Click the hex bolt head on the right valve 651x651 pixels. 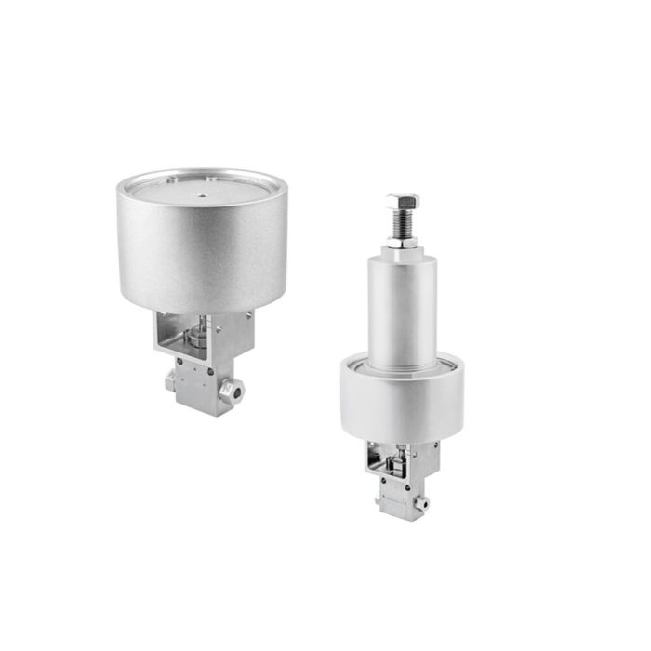[x=402, y=201]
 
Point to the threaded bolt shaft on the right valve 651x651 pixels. [x=402, y=223]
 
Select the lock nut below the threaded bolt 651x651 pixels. [x=402, y=241]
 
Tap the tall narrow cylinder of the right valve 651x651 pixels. [x=402, y=307]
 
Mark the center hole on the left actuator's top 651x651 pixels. [x=202, y=195]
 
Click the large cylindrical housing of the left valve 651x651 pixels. [x=202, y=251]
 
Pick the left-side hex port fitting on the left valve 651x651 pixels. [x=170, y=381]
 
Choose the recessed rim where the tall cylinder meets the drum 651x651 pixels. [x=402, y=365]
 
